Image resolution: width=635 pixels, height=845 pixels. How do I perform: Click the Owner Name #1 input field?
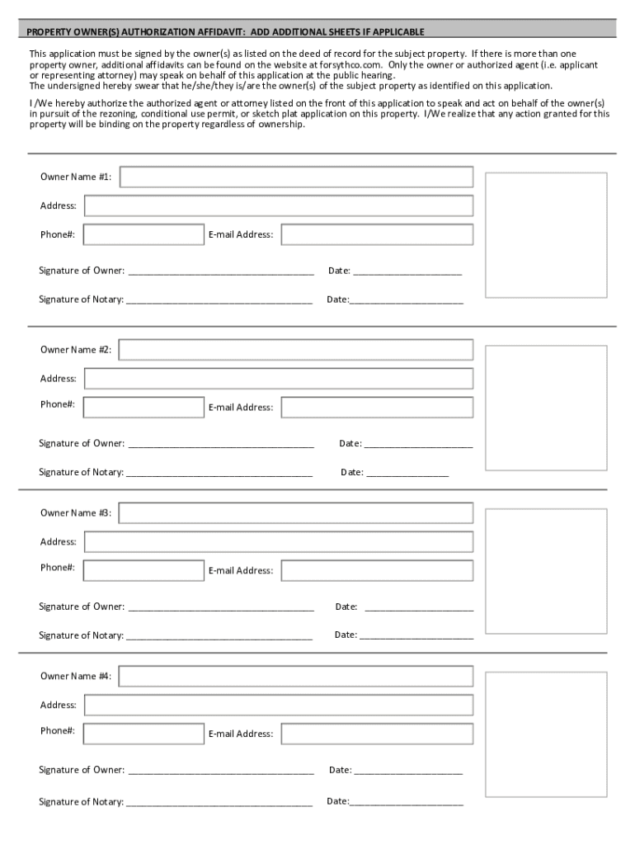click(x=296, y=177)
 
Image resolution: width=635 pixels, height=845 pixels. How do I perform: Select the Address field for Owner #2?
click(x=279, y=379)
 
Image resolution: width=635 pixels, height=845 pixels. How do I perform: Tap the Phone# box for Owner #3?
click(x=143, y=570)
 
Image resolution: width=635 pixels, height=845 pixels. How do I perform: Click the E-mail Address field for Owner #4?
click(x=377, y=734)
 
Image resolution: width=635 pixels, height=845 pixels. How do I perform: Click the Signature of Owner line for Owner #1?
click(x=221, y=271)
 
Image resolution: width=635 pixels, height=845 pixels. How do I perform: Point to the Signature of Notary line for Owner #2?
click(x=219, y=474)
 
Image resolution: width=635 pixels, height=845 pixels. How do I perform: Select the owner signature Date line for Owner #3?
click(x=419, y=608)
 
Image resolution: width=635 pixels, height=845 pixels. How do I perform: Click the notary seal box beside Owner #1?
click(x=546, y=235)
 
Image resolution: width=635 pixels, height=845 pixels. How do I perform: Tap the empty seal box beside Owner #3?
click(x=546, y=570)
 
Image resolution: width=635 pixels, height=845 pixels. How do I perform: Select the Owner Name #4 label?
click(x=76, y=677)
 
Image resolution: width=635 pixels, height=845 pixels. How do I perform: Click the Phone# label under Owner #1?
click(x=58, y=234)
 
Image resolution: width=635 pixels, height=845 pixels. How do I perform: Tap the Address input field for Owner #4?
click(x=279, y=706)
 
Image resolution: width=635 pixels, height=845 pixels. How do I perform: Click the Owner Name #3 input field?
click(x=296, y=513)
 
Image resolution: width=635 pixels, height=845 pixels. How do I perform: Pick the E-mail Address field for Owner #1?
click(x=377, y=234)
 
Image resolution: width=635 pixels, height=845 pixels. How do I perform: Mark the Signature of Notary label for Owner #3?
click(x=81, y=635)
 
